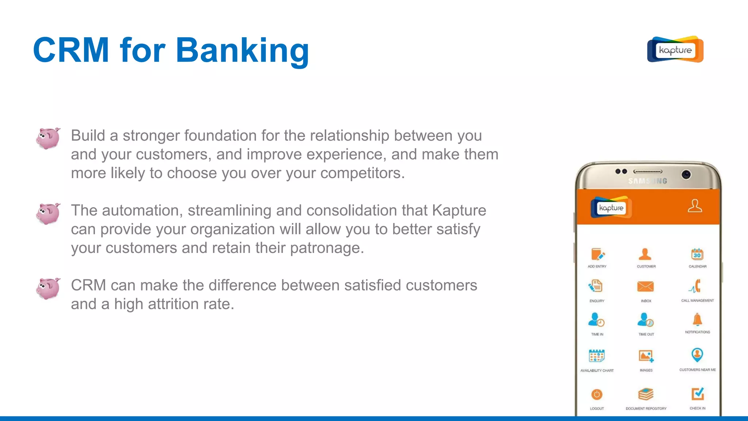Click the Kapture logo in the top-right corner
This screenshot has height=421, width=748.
tap(675, 49)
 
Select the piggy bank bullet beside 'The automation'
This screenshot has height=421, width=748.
tap(48, 213)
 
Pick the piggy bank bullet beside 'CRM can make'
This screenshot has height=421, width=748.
tap(48, 288)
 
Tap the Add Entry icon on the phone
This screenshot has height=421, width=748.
tap(597, 254)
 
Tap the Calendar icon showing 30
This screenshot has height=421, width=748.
tap(697, 254)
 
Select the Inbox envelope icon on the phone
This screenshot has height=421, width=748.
tap(645, 287)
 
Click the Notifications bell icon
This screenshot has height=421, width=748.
tap(697, 320)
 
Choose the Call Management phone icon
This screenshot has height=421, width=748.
tap(696, 286)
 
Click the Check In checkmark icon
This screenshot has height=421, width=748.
tap(698, 394)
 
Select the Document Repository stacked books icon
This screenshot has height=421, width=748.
tap(646, 394)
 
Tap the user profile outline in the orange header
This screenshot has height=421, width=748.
tap(695, 206)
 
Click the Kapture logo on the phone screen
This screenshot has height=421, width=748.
tap(611, 208)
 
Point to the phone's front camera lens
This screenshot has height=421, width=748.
tap(686, 175)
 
